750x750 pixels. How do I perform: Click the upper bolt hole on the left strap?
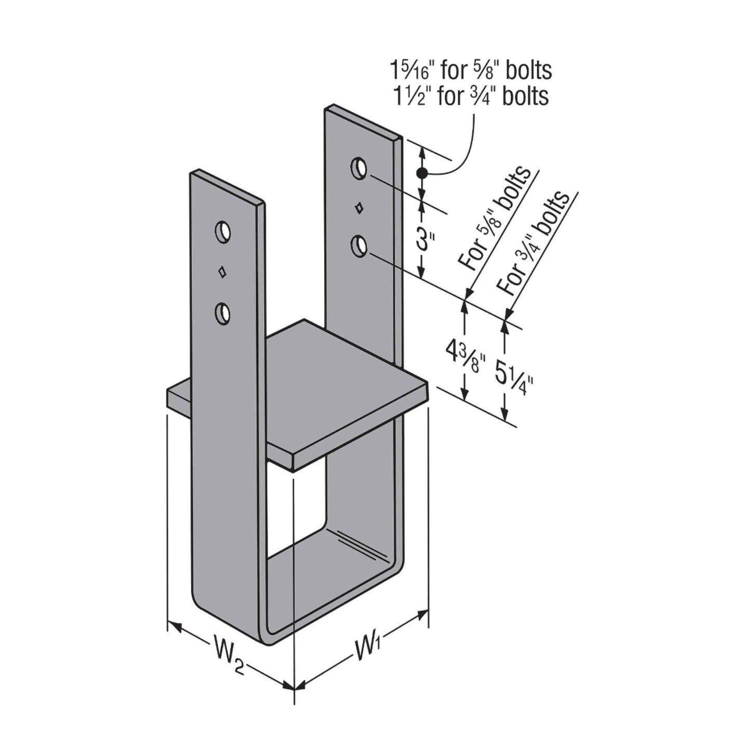tap(223, 233)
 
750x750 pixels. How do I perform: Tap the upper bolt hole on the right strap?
tap(359, 169)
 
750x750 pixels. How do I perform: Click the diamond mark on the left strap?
tap(222, 272)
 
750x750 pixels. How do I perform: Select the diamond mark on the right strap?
tap(360, 208)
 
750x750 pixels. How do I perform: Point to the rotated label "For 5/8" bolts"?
tap(494, 219)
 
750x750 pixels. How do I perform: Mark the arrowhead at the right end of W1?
tap(421, 616)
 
